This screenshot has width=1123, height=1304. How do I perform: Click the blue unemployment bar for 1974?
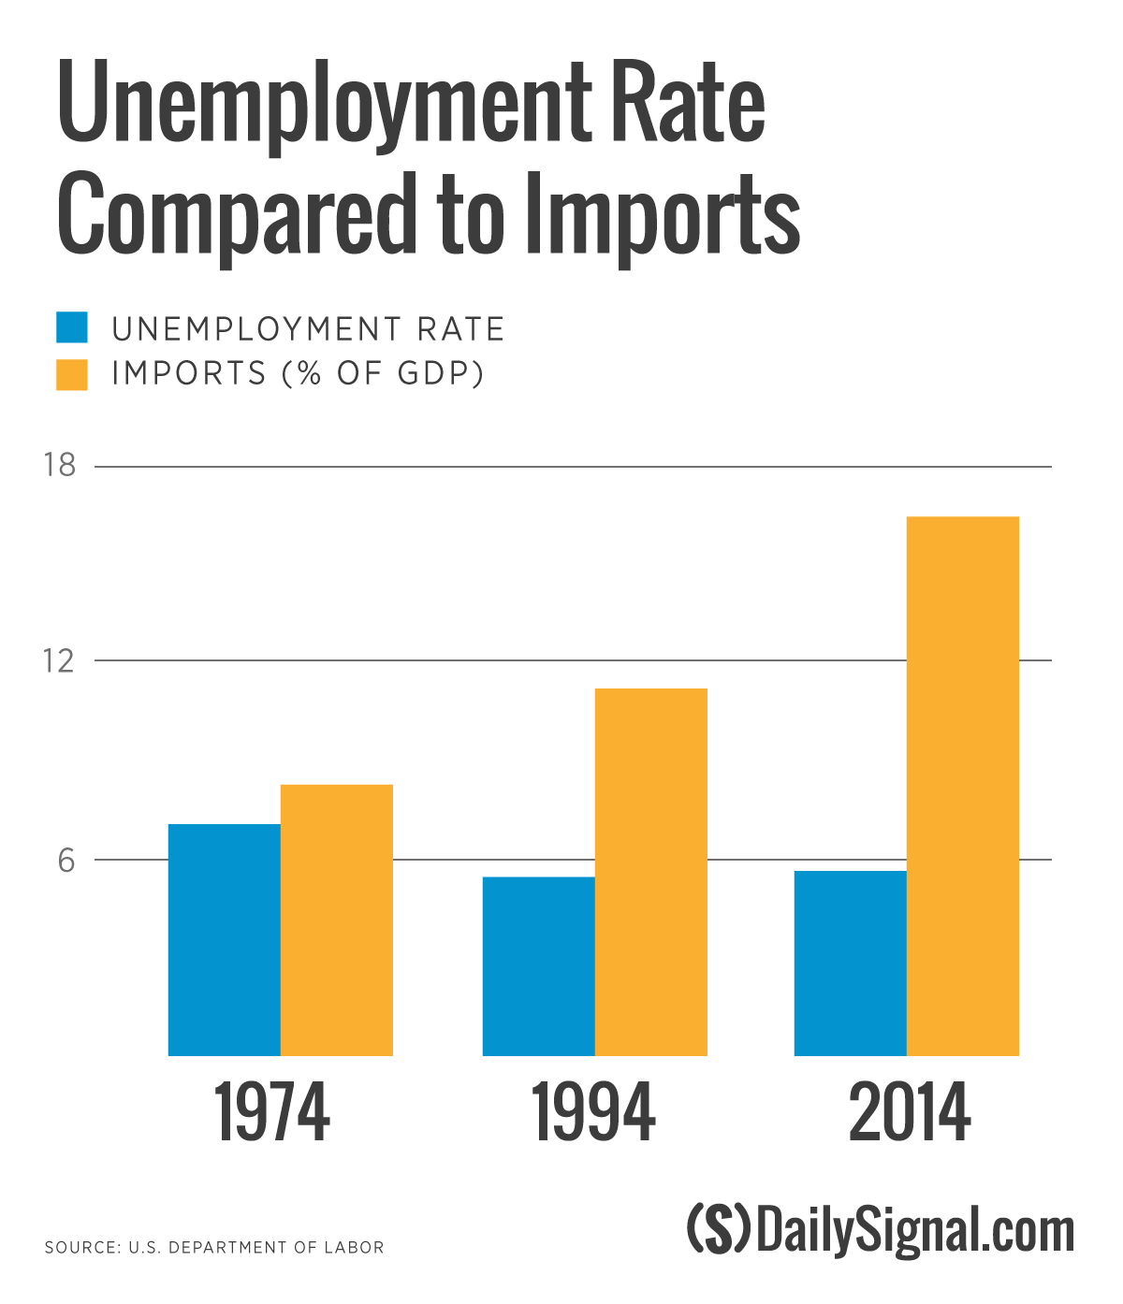click(224, 939)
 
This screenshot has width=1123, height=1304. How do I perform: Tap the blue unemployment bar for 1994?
click(538, 965)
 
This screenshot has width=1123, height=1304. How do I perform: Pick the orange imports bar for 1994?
click(650, 872)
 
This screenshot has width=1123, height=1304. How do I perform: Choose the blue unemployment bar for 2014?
click(850, 963)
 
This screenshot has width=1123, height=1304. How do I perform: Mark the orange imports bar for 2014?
click(962, 786)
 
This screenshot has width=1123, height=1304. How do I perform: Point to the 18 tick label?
click(60, 465)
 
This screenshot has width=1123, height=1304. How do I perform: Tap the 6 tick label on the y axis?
click(66, 860)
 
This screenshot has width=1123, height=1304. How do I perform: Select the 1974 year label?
click(271, 1112)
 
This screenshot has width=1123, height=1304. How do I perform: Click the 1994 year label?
click(593, 1112)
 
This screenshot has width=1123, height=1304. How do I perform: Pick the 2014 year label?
click(910, 1112)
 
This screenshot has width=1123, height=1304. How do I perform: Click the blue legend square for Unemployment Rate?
click(72, 327)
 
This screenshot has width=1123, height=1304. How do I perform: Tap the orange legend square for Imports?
click(72, 374)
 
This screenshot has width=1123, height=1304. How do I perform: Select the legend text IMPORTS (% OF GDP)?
click(298, 374)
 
